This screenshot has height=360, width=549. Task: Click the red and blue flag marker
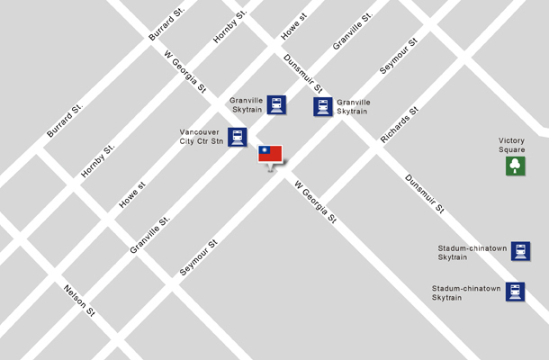pyautogui.click(x=270, y=154)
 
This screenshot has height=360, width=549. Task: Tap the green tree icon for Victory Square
pyautogui.click(x=515, y=166)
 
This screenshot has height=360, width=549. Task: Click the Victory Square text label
pyautogui.click(x=512, y=145)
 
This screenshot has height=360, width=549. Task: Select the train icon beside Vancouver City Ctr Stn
pyautogui.click(x=237, y=138)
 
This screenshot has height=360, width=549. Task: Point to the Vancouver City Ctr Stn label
pyautogui.click(x=202, y=137)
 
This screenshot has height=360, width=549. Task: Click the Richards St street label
pyautogui.click(x=400, y=125)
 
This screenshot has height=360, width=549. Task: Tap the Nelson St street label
pyautogui.click(x=79, y=301)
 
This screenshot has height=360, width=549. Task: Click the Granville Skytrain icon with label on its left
pyautogui.click(x=276, y=104)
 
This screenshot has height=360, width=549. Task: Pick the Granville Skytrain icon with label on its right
pyautogui.click(x=323, y=107)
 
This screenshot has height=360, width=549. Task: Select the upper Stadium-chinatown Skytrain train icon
pyautogui.click(x=520, y=251)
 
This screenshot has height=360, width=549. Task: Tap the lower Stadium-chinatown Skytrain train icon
pyautogui.click(x=514, y=292)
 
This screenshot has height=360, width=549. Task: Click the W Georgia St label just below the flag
pyautogui.click(x=316, y=200)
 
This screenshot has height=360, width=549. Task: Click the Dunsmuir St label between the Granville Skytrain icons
pyautogui.click(x=302, y=73)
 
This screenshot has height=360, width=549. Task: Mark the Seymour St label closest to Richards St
pyautogui.click(x=398, y=56)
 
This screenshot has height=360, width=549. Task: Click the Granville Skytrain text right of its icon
pyautogui.click(x=353, y=108)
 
